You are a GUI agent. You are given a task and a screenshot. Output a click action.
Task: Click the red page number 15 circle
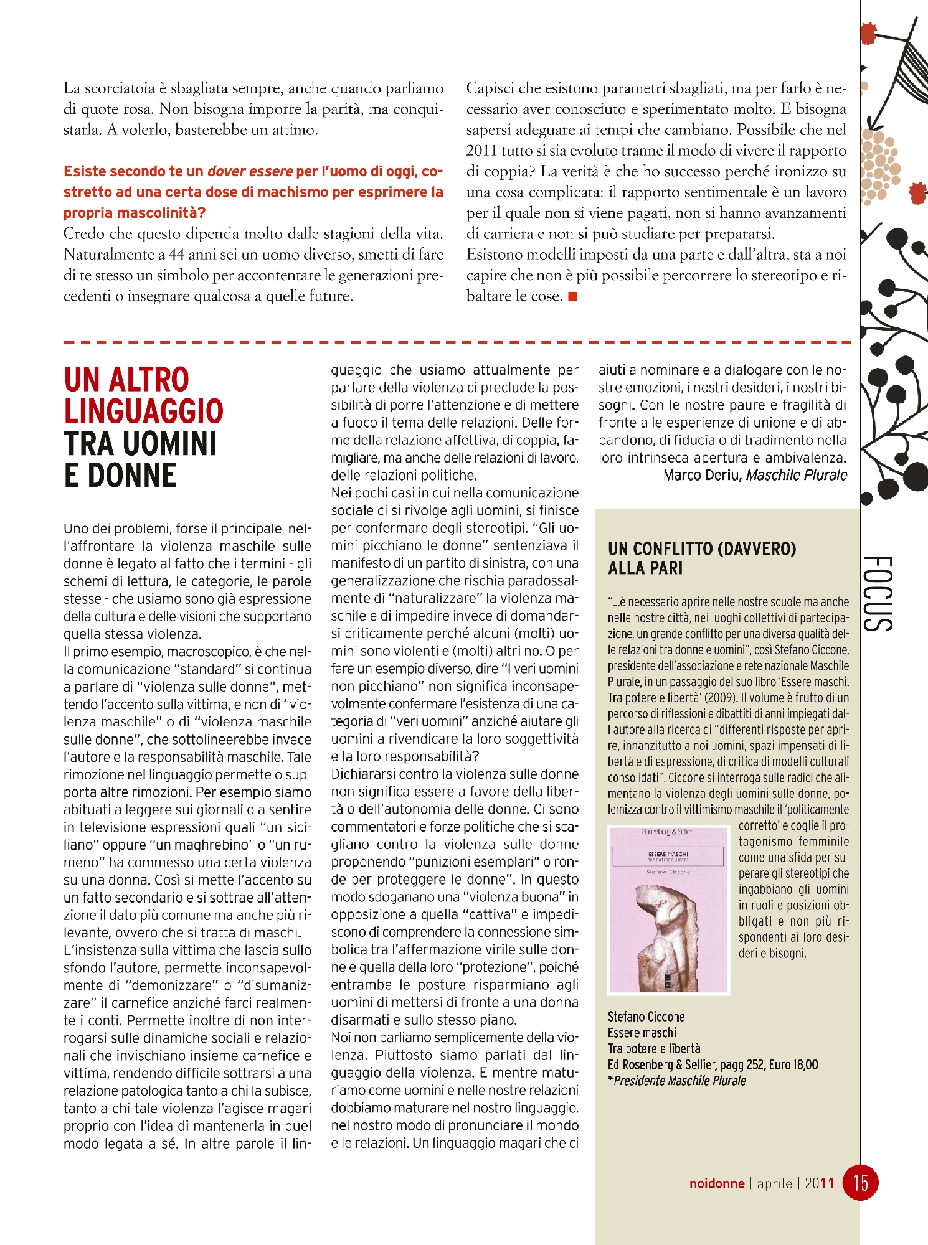click(x=860, y=1182)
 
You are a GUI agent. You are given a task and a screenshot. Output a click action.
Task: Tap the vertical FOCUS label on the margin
click(x=879, y=593)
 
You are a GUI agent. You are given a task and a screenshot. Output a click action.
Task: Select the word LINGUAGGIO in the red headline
click(x=144, y=411)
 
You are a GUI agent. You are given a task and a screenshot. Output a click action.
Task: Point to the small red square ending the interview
click(x=573, y=296)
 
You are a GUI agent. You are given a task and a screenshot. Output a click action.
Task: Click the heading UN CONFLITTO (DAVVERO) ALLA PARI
click(x=702, y=558)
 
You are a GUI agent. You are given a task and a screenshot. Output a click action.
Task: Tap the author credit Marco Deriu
click(x=702, y=475)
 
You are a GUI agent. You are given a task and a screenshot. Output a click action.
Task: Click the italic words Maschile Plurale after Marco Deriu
click(x=797, y=475)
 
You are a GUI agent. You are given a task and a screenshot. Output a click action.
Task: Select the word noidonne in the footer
click(x=716, y=1183)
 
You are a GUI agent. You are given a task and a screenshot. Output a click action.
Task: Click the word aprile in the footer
click(x=774, y=1183)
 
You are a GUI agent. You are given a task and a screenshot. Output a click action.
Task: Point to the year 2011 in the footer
click(x=819, y=1183)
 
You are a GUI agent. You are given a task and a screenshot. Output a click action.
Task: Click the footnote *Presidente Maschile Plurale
click(x=677, y=1081)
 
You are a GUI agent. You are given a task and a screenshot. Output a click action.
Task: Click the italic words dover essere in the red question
click(x=250, y=171)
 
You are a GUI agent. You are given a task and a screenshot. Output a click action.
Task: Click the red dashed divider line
click(x=458, y=342)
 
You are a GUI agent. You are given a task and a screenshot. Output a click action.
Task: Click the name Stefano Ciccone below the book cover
click(x=646, y=1017)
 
